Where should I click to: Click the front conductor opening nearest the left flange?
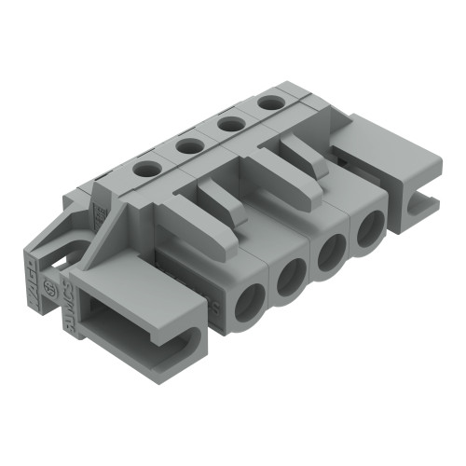[x=250, y=305]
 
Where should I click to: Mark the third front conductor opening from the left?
[x=331, y=253]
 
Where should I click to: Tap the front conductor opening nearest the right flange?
[x=369, y=228]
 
